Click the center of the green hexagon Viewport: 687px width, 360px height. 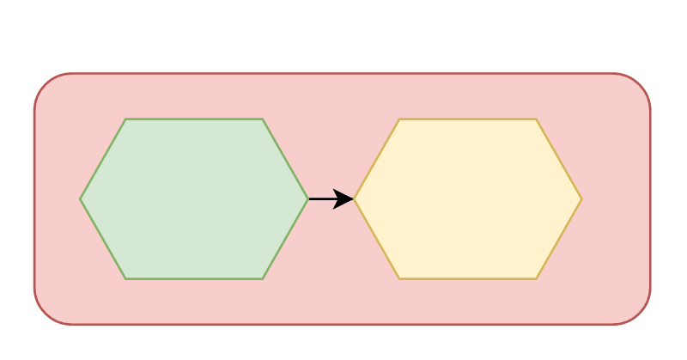tap(194, 199)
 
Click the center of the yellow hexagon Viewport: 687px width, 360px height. tap(468, 199)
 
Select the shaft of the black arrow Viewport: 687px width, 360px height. tap(322, 199)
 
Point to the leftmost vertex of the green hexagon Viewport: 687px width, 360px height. tap(81, 199)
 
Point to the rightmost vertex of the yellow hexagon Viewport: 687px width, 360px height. tap(581, 199)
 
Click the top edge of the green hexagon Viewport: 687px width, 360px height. tap(194, 119)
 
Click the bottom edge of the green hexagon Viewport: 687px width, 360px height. tap(194, 278)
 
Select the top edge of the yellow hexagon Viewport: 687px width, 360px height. tap(468, 119)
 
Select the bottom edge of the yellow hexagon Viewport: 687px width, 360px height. tap(468, 278)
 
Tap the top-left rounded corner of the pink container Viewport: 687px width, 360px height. tap(45, 84)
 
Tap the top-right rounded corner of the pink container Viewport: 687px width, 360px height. tap(641, 84)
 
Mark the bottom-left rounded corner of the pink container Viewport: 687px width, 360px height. tap(45, 314)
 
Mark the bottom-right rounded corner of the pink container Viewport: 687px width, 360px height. tap(641, 314)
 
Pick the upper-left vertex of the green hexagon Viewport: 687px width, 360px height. tap(125, 119)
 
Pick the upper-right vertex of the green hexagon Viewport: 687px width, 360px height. tap(263, 119)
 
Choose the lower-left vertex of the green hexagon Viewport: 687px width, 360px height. tap(125, 278)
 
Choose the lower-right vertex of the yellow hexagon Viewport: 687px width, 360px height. tap(537, 278)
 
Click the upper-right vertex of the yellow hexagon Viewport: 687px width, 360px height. tap(537, 119)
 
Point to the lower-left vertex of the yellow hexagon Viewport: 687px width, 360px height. tap(399, 278)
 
